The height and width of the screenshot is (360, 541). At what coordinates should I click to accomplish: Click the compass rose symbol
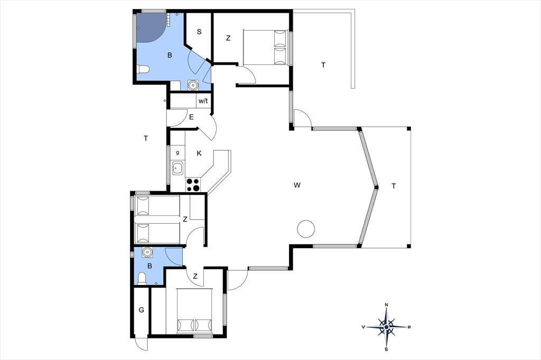click(386, 327)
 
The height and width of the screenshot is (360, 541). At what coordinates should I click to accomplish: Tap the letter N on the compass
click(386, 305)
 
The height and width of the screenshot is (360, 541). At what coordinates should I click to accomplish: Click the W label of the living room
click(297, 185)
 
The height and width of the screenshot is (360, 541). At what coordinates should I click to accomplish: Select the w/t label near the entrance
click(203, 101)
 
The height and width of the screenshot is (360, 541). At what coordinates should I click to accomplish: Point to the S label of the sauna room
click(199, 32)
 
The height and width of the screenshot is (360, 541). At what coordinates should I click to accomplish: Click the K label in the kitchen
click(199, 154)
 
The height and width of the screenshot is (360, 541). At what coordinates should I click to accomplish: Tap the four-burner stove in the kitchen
click(193, 184)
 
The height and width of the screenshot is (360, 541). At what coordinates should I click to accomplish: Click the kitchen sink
click(178, 168)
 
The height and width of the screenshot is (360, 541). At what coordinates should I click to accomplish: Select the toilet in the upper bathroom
click(143, 69)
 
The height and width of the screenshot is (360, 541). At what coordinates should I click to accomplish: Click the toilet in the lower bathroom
click(142, 278)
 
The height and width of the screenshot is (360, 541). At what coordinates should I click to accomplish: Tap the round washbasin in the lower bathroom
click(147, 252)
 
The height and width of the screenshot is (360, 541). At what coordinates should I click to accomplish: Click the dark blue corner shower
click(149, 27)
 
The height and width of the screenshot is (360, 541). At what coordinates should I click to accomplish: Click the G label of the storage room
click(142, 310)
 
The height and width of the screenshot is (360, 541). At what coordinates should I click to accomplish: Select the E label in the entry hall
click(191, 117)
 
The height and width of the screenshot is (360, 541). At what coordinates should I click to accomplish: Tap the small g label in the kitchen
click(178, 153)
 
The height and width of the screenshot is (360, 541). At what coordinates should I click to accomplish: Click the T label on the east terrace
click(394, 186)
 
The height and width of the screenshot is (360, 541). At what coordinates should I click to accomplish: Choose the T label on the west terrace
click(146, 138)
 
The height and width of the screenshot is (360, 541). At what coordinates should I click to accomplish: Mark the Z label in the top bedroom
click(228, 39)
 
